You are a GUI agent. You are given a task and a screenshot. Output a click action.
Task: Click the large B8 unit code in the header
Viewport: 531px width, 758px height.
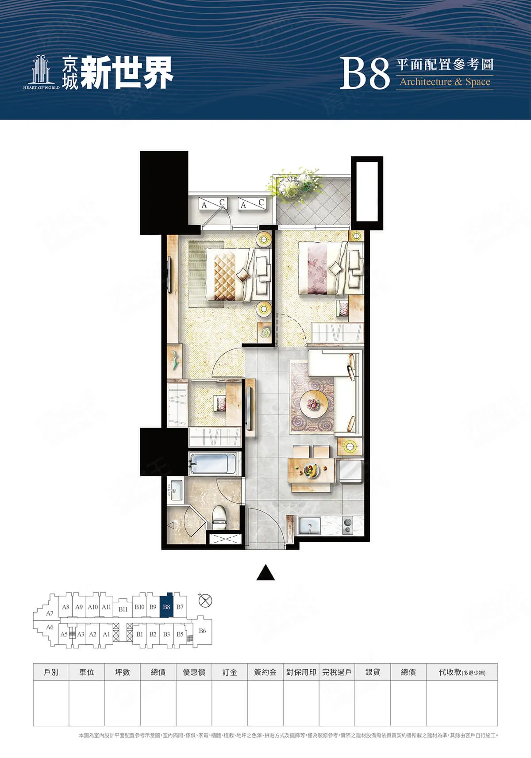pos(364,74)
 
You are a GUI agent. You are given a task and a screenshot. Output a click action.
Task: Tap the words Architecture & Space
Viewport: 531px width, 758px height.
pos(445,82)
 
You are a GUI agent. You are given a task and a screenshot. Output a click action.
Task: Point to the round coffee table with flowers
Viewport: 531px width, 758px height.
pos(313,404)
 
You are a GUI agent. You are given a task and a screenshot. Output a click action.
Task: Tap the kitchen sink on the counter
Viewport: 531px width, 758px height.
pos(309,525)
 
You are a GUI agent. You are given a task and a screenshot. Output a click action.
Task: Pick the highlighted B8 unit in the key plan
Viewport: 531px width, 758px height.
pos(166,607)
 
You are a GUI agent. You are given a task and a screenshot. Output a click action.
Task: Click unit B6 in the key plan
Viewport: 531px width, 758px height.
pos(202,631)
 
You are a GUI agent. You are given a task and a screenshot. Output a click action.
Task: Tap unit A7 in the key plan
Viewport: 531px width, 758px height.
pos(50,613)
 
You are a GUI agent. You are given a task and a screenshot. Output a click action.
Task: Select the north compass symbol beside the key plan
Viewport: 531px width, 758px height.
pos(204,601)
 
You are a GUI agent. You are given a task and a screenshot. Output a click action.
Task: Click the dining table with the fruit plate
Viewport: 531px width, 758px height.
pos(311,470)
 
